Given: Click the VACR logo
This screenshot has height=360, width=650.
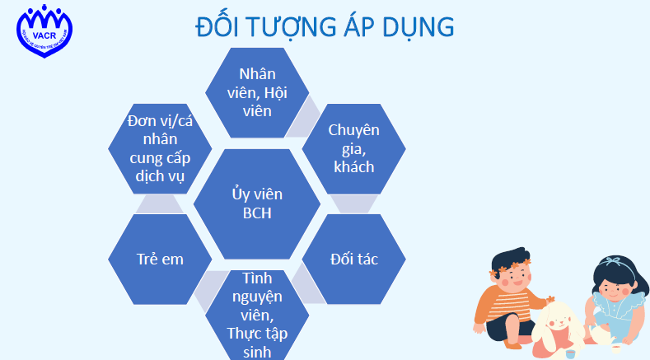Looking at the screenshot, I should coord(42,32).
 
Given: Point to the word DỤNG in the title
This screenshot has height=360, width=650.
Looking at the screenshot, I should coord(418,27).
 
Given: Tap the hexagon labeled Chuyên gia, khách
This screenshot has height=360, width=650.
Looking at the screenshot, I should coord(353,148).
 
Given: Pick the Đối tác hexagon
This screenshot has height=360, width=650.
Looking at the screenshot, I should coord(353,259).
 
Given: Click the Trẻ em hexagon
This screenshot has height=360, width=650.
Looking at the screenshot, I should coord(160,259).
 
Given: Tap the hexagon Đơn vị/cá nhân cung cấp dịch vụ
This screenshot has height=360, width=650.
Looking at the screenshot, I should coord(160,148).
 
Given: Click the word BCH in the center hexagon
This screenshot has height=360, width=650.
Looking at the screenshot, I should coord(256,213).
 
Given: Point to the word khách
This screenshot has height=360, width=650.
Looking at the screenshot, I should coord(353,166).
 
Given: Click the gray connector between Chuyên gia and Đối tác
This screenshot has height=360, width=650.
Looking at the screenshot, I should coord(354,203).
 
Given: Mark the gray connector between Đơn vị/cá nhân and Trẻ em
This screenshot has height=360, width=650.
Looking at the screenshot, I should coord(160,203).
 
